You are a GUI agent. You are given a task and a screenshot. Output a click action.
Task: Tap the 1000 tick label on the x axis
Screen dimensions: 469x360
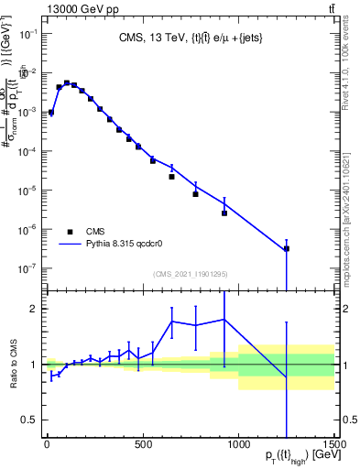click(x=238, y=445)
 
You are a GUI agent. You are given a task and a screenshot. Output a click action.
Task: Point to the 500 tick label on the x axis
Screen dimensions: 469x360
click(x=143, y=445)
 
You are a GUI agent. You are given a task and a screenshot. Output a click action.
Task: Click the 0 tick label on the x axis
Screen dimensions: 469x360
click(x=47, y=445)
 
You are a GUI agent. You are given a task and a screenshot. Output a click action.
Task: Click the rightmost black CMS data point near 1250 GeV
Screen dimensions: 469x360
click(x=287, y=248)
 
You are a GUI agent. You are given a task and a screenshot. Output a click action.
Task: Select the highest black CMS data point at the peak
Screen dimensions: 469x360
click(x=66, y=82)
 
